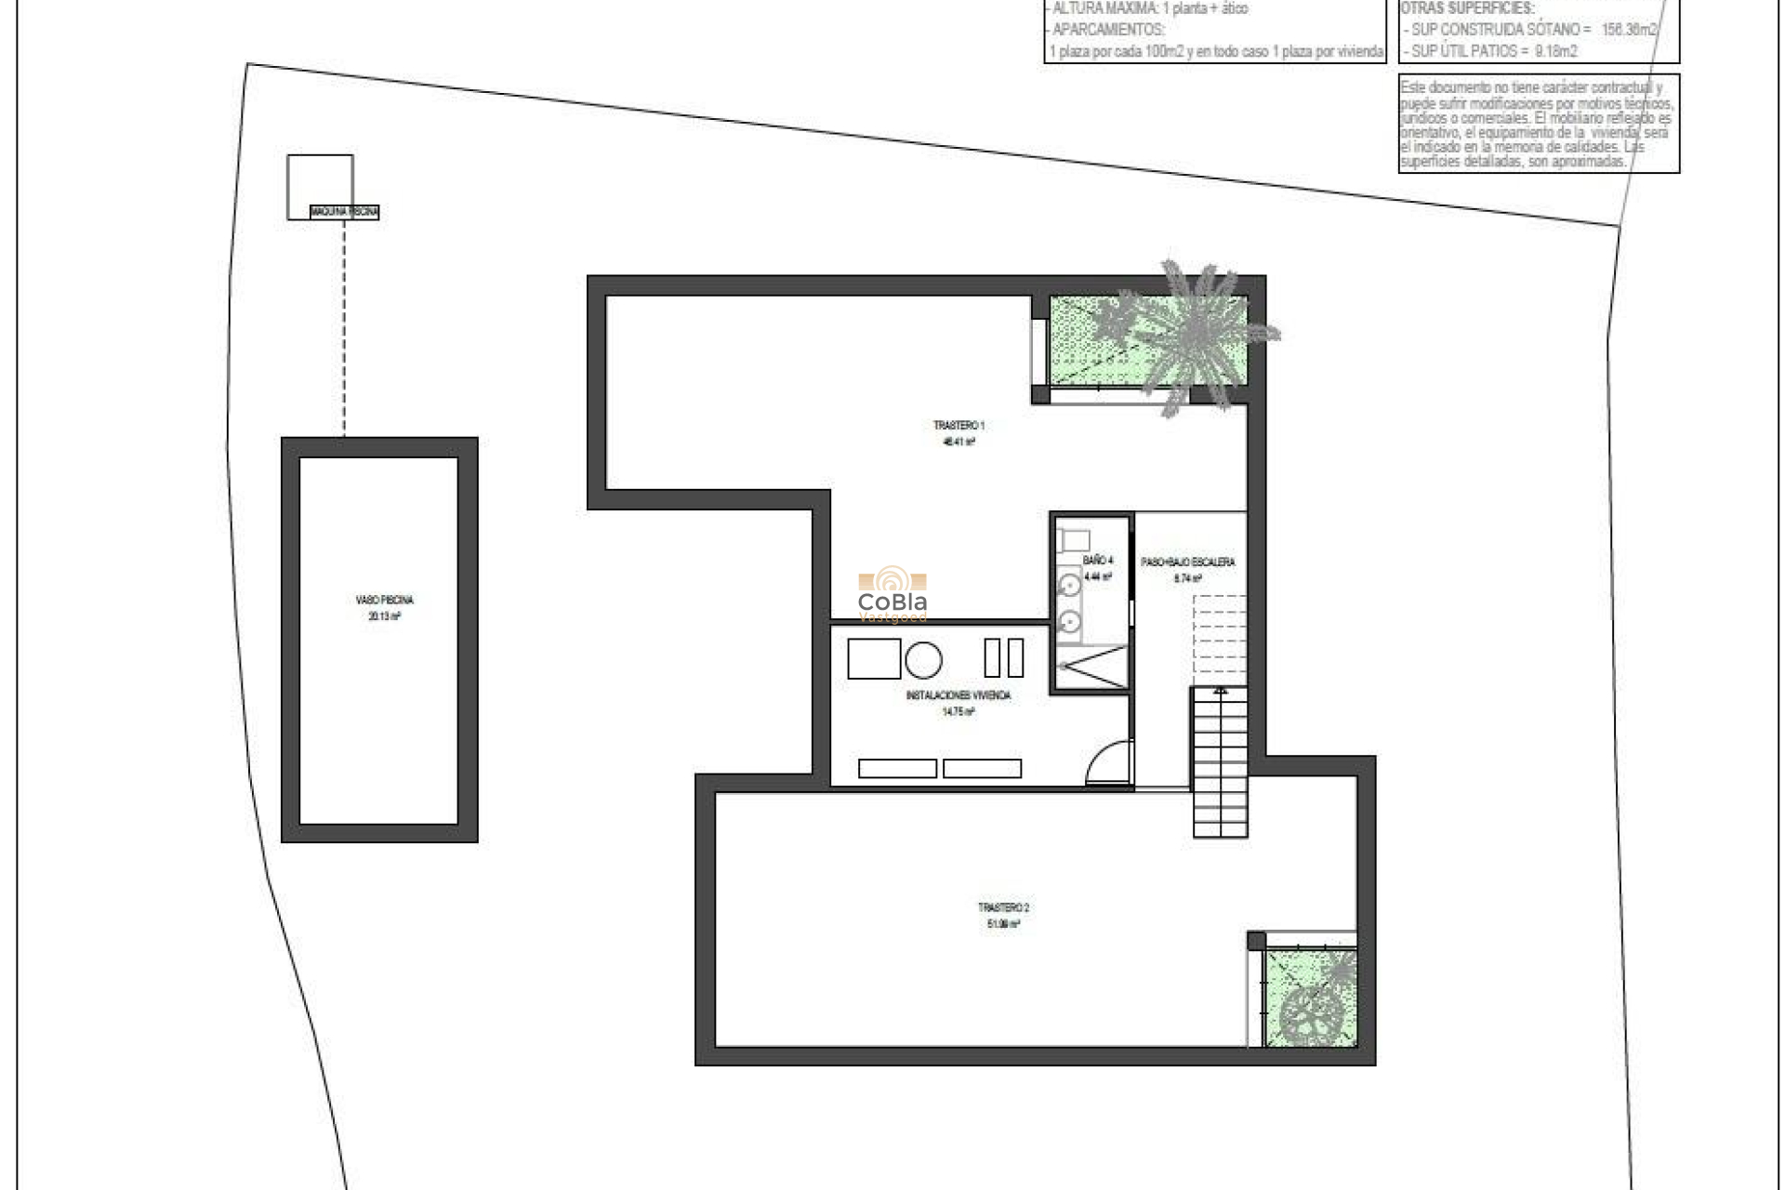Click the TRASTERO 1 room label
point(959,426)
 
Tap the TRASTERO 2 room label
point(1003,907)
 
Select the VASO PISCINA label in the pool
point(384,601)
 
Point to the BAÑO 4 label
point(1097,561)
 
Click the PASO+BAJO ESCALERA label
point(1187,562)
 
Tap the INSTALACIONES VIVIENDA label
point(958,695)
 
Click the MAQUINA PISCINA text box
point(344,212)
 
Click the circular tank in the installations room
point(923,660)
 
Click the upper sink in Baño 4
point(1070,586)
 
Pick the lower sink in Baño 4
point(1070,620)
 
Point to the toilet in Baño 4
point(1076,539)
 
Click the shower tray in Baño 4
point(1091,667)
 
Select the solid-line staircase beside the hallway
point(1220,762)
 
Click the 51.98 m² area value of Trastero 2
point(1003,924)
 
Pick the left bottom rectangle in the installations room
point(897,769)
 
